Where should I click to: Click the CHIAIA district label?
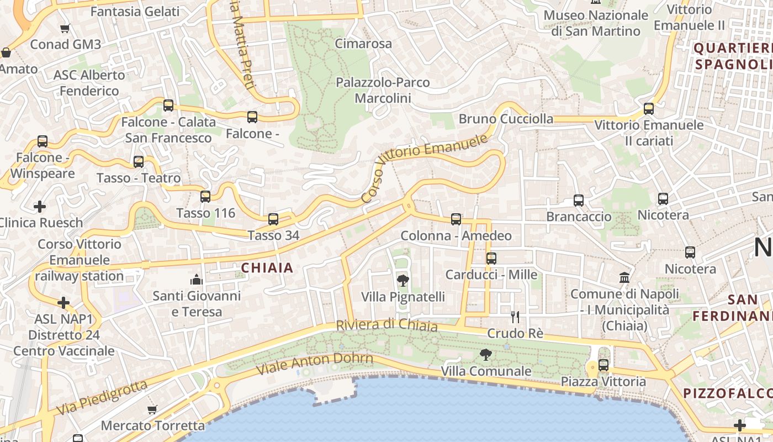(x=267, y=268)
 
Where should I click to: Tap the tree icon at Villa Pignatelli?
(x=403, y=280)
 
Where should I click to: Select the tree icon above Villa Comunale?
(x=486, y=355)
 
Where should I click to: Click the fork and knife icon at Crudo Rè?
(x=515, y=317)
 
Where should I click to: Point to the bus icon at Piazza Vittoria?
(x=603, y=365)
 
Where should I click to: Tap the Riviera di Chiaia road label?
(x=386, y=325)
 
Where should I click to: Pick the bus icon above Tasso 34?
(x=273, y=219)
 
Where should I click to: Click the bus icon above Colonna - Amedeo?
(x=456, y=219)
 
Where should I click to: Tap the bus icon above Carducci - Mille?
(x=491, y=258)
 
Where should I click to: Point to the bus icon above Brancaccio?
(x=579, y=201)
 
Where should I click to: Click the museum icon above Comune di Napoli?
(x=624, y=277)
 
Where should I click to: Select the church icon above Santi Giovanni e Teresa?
(x=197, y=280)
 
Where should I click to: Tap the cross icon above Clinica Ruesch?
(x=40, y=207)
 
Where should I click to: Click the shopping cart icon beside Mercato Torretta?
(x=152, y=409)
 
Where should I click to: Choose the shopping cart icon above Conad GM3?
(x=65, y=28)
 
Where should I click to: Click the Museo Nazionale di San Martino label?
(x=596, y=23)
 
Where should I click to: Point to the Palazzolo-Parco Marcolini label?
(x=383, y=90)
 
